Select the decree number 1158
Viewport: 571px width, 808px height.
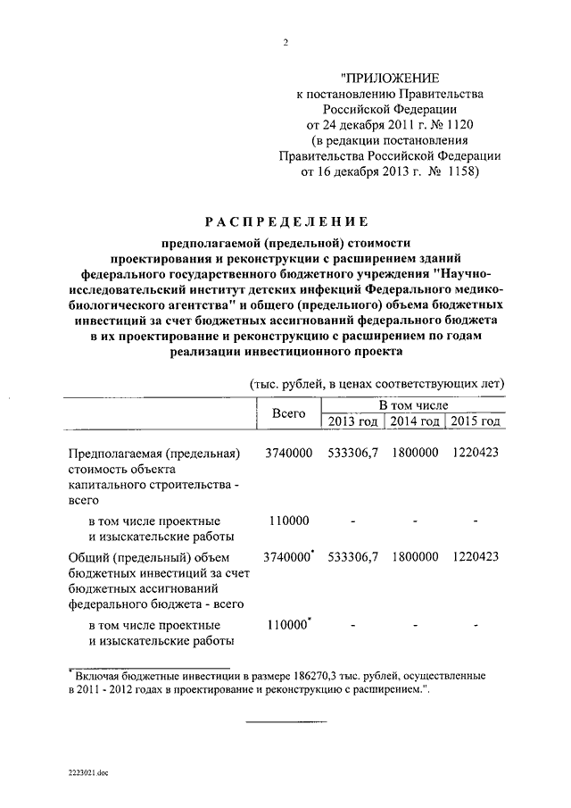(455, 171)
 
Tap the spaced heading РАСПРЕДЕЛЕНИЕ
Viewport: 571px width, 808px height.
(285, 220)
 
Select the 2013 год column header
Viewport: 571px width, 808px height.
(352, 421)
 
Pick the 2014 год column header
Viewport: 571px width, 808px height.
(414, 421)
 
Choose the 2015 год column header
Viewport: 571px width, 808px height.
(475, 421)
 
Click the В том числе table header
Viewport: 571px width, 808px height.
(413, 405)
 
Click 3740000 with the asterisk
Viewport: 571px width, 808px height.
(290, 556)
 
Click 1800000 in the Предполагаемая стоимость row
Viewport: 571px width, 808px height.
(414, 453)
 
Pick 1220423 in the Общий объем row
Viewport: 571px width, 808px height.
(475, 556)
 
